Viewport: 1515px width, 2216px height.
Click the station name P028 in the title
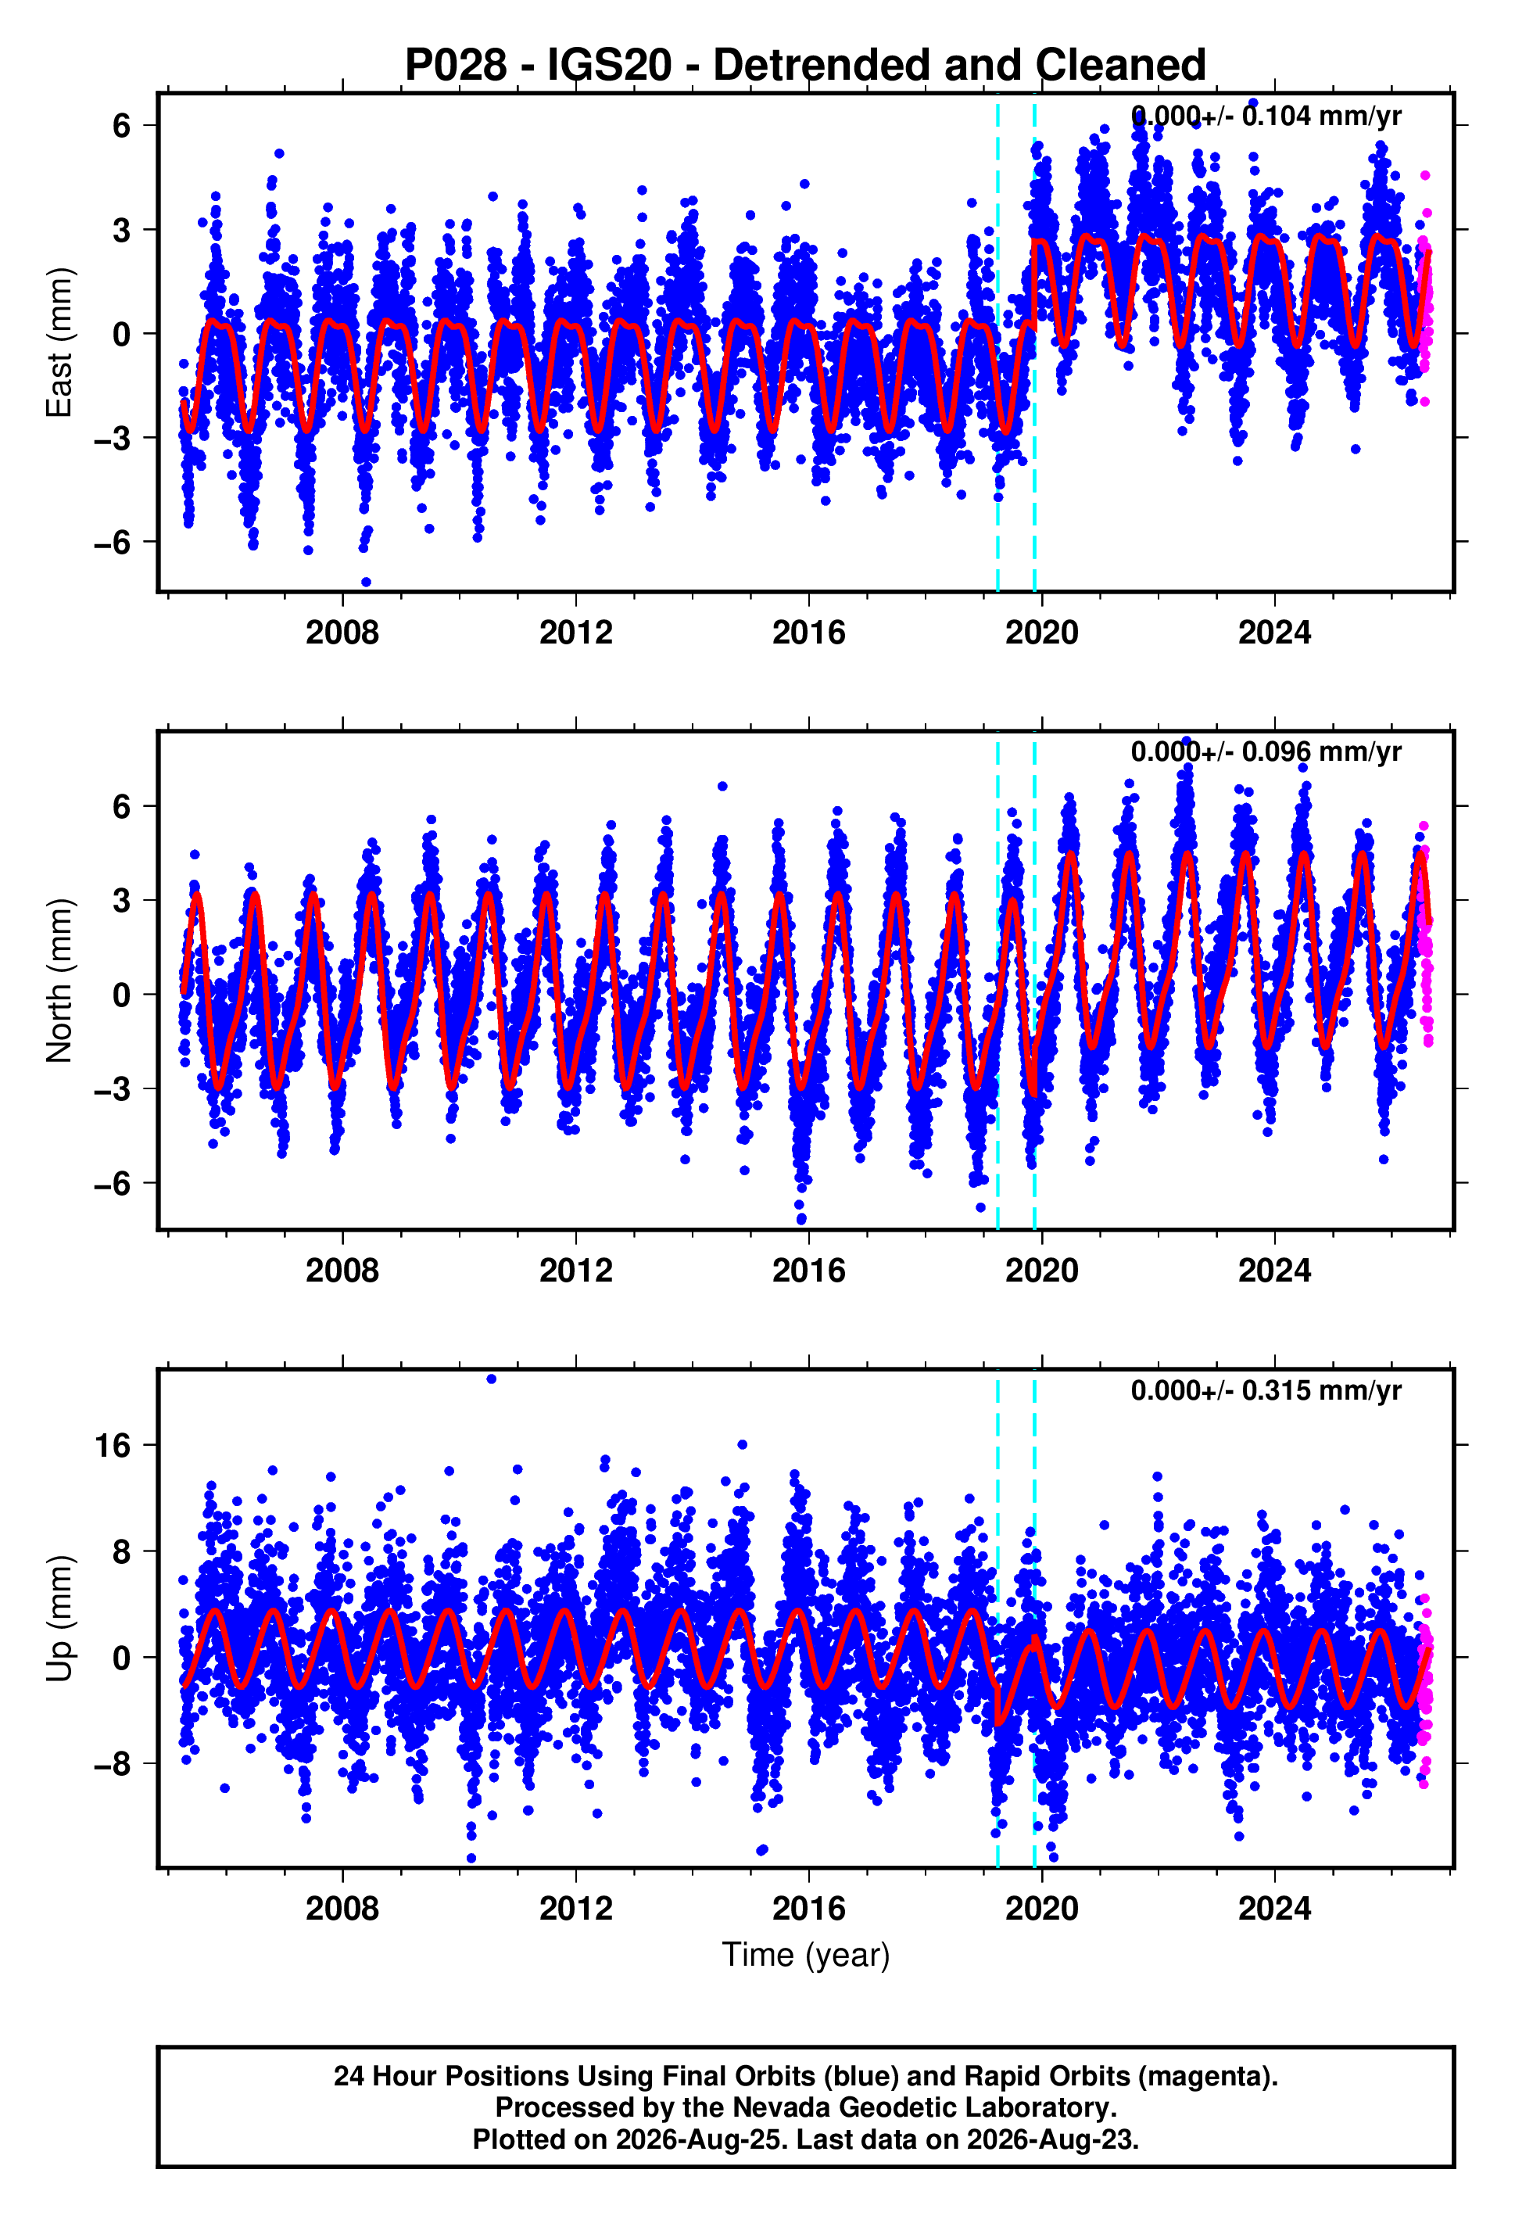456,65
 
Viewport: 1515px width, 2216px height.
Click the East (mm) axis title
59,342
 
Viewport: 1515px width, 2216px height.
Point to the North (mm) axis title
59,981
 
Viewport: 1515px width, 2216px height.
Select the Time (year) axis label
806,1954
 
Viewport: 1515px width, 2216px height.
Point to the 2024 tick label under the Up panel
1275,1908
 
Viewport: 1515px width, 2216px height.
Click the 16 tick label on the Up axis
112,1446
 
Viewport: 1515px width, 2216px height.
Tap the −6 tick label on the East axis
112,543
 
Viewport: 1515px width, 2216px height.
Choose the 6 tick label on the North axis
121,807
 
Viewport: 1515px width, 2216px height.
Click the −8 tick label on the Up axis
112,1765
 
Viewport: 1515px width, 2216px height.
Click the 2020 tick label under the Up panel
1042,1908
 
